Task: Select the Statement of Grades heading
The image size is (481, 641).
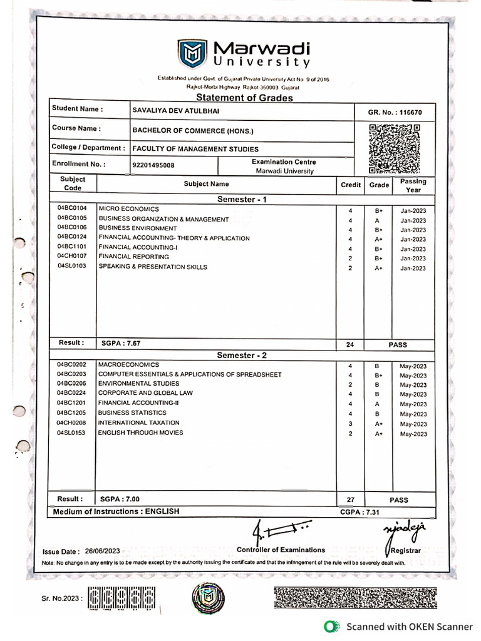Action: click(244, 98)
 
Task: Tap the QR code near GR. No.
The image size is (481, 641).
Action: click(394, 148)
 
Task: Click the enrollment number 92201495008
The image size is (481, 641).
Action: click(153, 165)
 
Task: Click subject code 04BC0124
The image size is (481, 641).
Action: click(72, 238)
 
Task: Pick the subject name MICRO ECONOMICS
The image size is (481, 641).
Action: click(128, 208)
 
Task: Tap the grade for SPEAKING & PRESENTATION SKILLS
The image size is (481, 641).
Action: click(378, 268)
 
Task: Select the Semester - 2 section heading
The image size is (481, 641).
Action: click(242, 355)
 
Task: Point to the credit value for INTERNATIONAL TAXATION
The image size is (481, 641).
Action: click(350, 424)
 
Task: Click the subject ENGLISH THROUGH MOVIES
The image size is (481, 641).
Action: click(140, 433)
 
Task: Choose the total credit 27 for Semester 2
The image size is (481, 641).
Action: click(350, 500)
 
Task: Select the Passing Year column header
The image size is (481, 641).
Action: click(413, 185)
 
